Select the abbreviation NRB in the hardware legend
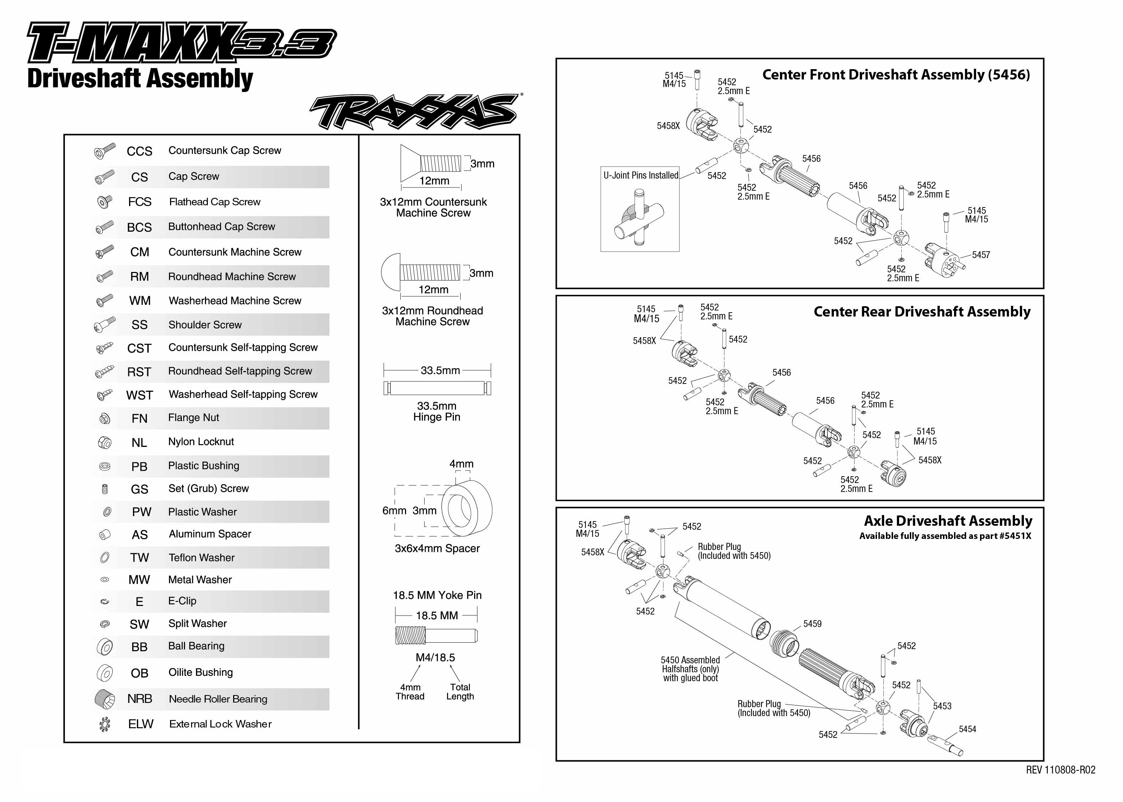click(x=140, y=699)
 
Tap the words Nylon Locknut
click(x=201, y=442)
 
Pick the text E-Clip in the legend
click(x=182, y=601)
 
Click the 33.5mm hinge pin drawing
click(x=437, y=388)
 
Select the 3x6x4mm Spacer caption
click(x=437, y=548)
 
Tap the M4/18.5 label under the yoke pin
click(x=435, y=657)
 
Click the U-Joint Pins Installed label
click(x=641, y=175)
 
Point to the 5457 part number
click(x=981, y=255)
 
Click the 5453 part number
click(x=942, y=706)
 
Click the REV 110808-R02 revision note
click(x=1060, y=770)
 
